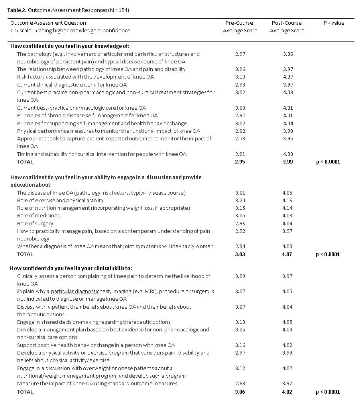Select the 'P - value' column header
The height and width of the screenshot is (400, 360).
click(x=334, y=23)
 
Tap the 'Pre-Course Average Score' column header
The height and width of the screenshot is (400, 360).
click(x=240, y=27)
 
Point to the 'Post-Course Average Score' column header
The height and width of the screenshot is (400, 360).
click(x=287, y=27)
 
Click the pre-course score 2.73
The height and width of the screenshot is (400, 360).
click(x=240, y=139)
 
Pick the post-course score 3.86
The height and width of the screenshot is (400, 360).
click(x=287, y=54)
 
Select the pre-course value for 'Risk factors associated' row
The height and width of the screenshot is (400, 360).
click(x=240, y=77)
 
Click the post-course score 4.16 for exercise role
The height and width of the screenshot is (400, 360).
click(x=287, y=201)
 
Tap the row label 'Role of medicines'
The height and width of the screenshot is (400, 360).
click(x=38, y=216)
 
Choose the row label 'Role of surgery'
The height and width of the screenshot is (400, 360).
click(x=35, y=224)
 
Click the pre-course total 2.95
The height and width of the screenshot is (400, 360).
click(x=240, y=162)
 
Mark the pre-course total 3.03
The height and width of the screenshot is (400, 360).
click(x=240, y=254)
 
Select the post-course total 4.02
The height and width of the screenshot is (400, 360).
click(x=287, y=392)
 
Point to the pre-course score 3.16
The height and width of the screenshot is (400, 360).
click(x=240, y=345)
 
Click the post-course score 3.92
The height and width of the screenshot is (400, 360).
click(x=287, y=384)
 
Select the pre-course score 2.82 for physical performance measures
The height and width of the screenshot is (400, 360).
click(x=240, y=131)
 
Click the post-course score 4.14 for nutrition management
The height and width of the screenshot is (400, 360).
click(x=287, y=208)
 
